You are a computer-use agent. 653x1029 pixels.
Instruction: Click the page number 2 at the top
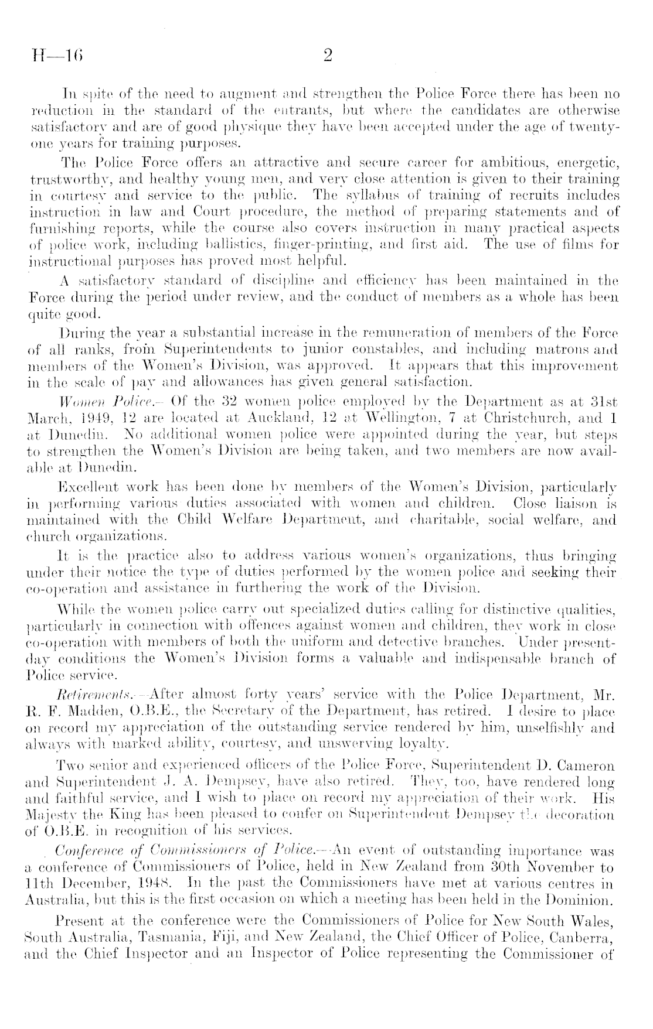327,56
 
